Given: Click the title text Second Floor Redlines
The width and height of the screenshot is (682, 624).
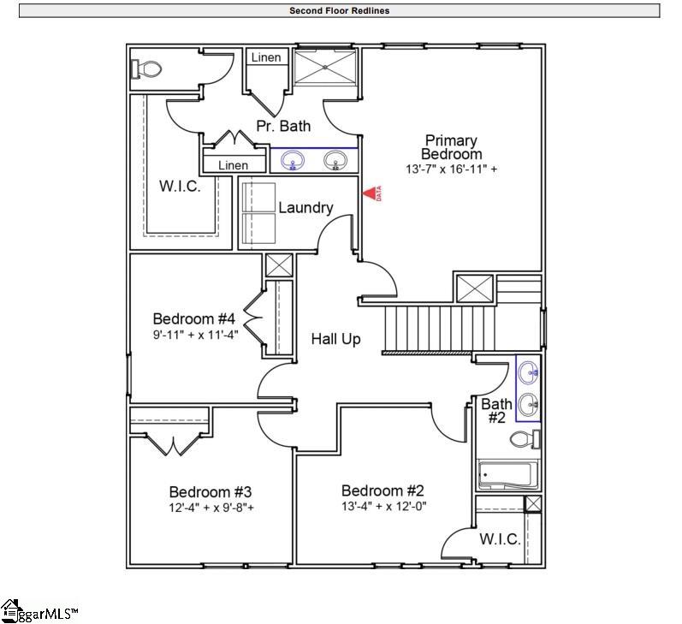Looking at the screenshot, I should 340,11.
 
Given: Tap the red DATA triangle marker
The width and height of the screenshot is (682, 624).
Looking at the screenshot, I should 371,195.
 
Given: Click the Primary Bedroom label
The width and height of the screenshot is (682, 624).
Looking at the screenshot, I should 451,146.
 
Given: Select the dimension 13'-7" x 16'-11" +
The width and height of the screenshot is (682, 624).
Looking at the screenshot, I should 451,169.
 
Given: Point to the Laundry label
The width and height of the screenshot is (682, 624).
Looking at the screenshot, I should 305,207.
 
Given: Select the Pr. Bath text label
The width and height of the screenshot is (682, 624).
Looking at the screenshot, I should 283,126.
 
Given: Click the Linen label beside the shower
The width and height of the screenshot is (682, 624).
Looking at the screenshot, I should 265,58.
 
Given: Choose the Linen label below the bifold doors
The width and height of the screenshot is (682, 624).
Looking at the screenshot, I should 233,165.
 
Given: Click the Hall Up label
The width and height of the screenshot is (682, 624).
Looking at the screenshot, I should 335,339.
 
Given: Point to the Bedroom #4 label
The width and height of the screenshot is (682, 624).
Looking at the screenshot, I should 193,318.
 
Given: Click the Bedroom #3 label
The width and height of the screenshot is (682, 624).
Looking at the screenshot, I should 210,492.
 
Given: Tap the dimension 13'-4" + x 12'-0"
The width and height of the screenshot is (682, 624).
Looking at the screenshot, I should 383,506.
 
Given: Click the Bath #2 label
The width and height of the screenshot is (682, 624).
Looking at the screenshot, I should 496,411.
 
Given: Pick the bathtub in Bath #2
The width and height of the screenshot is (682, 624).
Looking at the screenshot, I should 507,474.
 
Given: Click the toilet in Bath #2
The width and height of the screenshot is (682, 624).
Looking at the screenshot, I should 523,440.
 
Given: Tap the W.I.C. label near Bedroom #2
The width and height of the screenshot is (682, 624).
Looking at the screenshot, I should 500,539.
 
